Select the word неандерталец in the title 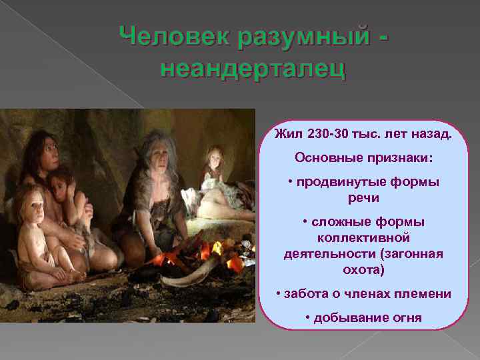point(253,68)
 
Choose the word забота point(309,294)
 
